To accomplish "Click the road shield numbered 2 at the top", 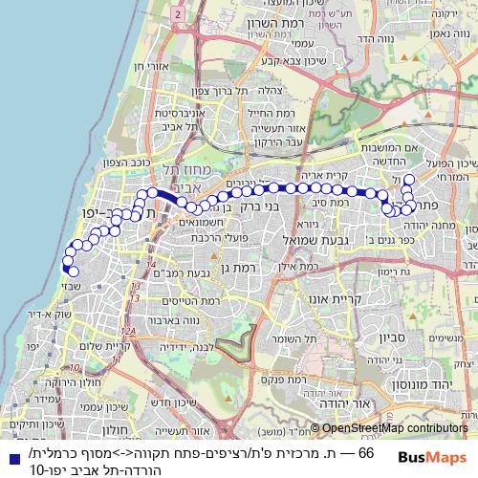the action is [178, 16].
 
